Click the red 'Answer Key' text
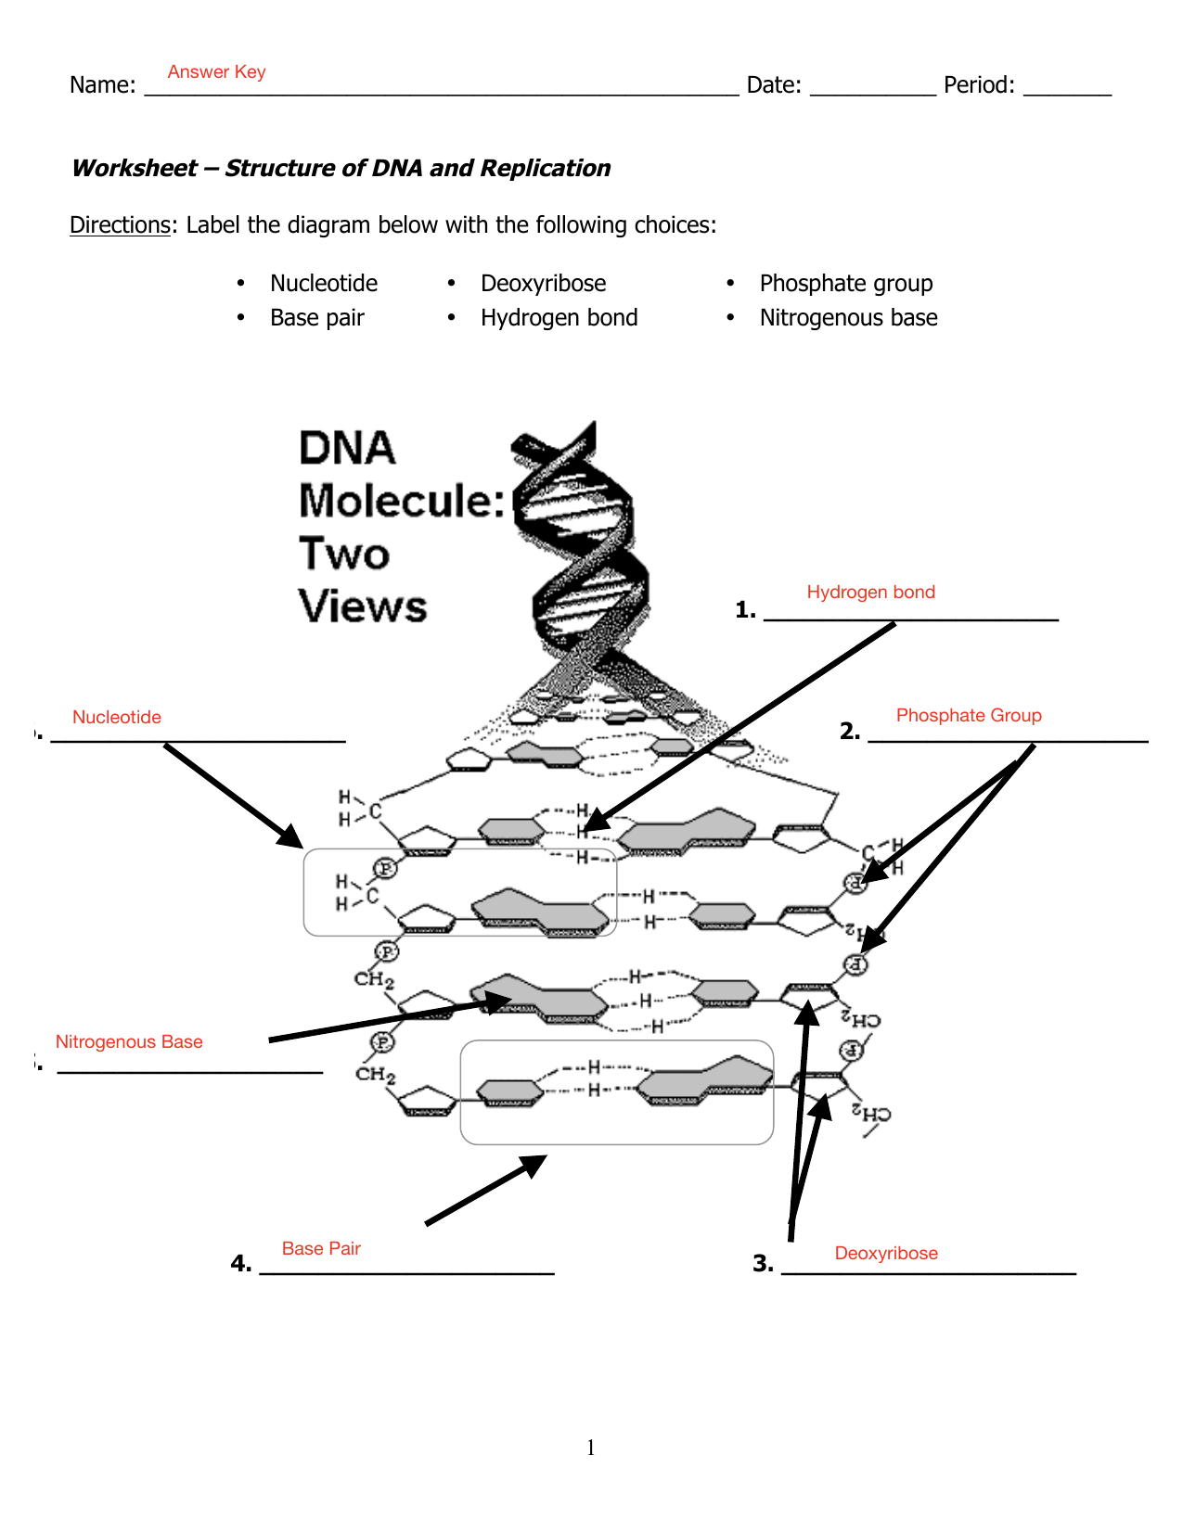[216, 71]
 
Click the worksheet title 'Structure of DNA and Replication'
[418, 168]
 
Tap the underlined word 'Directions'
[120, 224]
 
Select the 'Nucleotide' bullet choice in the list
[324, 283]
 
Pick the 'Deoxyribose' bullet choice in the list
[543, 283]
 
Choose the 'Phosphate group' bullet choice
[845, 283]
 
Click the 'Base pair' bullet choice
[316, 317]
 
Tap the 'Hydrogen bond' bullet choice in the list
[559, 317]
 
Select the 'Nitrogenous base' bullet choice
[848, 317]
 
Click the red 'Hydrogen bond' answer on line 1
[870, 592]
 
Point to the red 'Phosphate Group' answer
[969, 715]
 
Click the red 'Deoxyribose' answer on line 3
[886, 1253]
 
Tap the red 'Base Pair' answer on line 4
[321, 1248]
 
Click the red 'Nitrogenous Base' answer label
[129, 1041]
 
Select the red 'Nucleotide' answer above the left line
[117, 717]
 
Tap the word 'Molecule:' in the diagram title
[402, 501]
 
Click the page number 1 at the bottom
[591, 1448]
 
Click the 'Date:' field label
[774, 85]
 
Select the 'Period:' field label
[979, 85]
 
